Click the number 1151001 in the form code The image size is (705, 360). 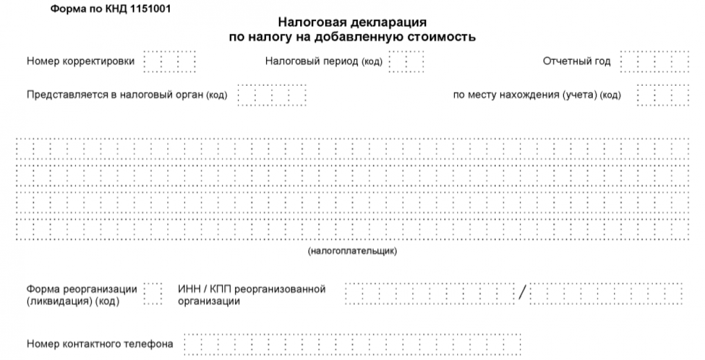pyautogui.click(x=150, y=9)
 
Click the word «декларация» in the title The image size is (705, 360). pyautogui.click(x=388, y=22)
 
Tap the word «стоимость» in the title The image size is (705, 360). pyautogui.click(x=442, y=37)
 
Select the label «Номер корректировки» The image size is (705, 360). pyautogui.click(x=80, y=61)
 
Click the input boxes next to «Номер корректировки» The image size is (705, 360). pyautogui.click(x=170, y=62)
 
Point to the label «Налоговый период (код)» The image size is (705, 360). pyautogui.click(x=324, y=61)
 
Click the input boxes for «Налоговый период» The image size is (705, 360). pyautogui.click(x=407, y=62)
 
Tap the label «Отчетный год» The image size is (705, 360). pyautogui.click(x=576, y=61)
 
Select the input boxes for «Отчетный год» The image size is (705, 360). pyautogui.click(x=654, y=62)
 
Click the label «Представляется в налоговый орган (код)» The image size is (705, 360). pyautogui.click(x=127, y=95)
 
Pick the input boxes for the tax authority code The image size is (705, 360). pyautogui.click(x=272, y=95)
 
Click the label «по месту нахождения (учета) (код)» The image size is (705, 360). pyautogui.click(x=537, y=95)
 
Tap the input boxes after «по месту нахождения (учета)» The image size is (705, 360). pyautogui.click(x=663, y=95)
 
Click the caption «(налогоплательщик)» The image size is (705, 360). pyautogui.click(x=352, y=251)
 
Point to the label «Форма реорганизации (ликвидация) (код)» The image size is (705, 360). pyautogui.click(x=82, y=295)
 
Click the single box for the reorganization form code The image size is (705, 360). pyautogui.click(x=153, y=294)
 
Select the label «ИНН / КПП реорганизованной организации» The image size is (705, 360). pyautogui.click(x=251, y=295)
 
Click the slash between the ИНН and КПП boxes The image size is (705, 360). pyautogui.click(x=522, y=292)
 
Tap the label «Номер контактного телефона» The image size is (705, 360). pyautogui.click(x=100, y=344)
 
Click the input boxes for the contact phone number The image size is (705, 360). pyautogui.click(x=352, y=344)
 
